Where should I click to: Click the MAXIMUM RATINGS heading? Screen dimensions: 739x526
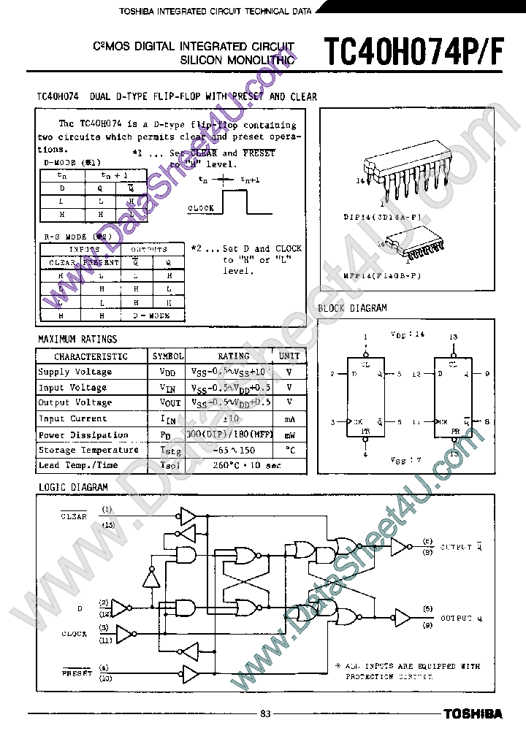click(77, 339)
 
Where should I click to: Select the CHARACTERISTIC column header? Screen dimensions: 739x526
click(91, 356)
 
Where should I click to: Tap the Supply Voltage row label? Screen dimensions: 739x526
click(75, 372)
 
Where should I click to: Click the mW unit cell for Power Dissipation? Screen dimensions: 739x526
click(289, 434)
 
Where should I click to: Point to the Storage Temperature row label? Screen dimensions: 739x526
click(88, 451)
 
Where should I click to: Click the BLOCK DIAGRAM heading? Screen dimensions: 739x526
click(352, 308)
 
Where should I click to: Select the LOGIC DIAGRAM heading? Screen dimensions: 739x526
click(72, 487)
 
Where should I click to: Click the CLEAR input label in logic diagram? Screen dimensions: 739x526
click(74, 516)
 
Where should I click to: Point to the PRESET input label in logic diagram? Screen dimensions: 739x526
click(77, 673)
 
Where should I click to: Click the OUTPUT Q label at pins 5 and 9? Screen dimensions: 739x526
click(460, 618)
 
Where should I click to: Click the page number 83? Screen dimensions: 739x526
click(265, 713)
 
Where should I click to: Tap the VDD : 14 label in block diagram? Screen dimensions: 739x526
click(408, 334)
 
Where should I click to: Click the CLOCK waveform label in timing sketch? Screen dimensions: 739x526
click(201, 208)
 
